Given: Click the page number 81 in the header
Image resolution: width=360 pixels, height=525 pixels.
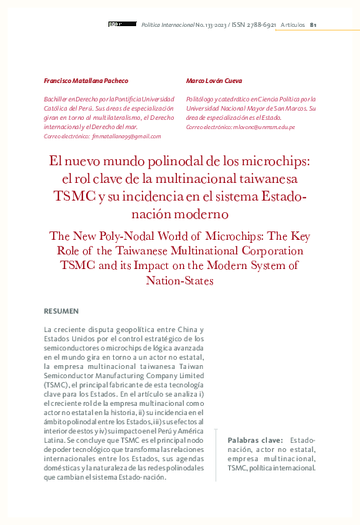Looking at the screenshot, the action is pyautogui.click(x=313, y=25).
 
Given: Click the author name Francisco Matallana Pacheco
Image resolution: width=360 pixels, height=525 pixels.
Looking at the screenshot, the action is pyautogui.click(x=85, y=81).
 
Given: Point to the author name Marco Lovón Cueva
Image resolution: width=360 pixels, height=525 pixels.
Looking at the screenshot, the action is pyautogui.click(x=214, y=81).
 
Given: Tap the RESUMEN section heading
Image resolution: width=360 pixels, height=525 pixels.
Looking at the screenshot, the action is pyautogui.click(x=62, y=311).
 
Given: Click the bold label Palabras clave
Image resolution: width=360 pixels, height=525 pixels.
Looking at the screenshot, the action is pyautogui.click(x=255, y=439).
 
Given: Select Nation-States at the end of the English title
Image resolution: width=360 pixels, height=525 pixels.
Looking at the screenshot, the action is pyautogui.click(x=179, y=281).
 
